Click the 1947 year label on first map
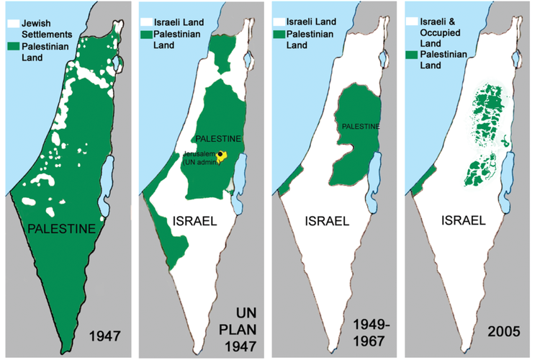[104, 334]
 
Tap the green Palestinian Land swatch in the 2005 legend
[413, 55]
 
